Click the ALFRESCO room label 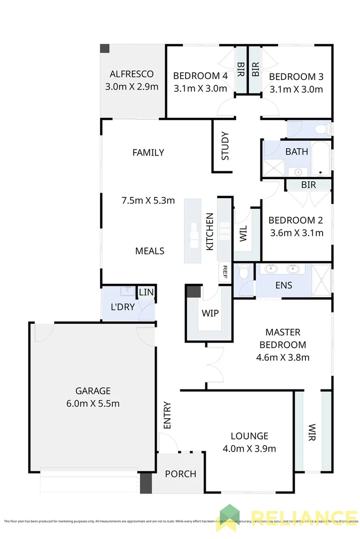(x=131, y=74)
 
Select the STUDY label (x=225, y=146)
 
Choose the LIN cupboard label (x=146, y=292)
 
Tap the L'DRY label (x=122, y=307)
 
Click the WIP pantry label (x=210, y=313)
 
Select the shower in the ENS (x=321, y=279)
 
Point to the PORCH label (x=181, y=474)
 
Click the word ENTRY (x=168, y=416)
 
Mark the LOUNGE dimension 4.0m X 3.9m (x=249, y=448)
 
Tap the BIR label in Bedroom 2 (x=308, y=185)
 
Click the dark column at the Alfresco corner (x=105, y=48)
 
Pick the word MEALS (x=150, y=251)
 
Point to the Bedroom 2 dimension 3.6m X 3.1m (x=296, y=233)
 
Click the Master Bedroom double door (x=215, y=361)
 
